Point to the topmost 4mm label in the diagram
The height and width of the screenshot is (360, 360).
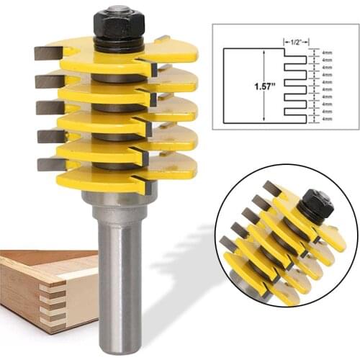326,53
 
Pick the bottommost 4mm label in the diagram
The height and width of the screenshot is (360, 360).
326,119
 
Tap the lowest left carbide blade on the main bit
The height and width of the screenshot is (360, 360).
51,164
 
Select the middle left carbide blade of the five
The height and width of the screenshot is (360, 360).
50,108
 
